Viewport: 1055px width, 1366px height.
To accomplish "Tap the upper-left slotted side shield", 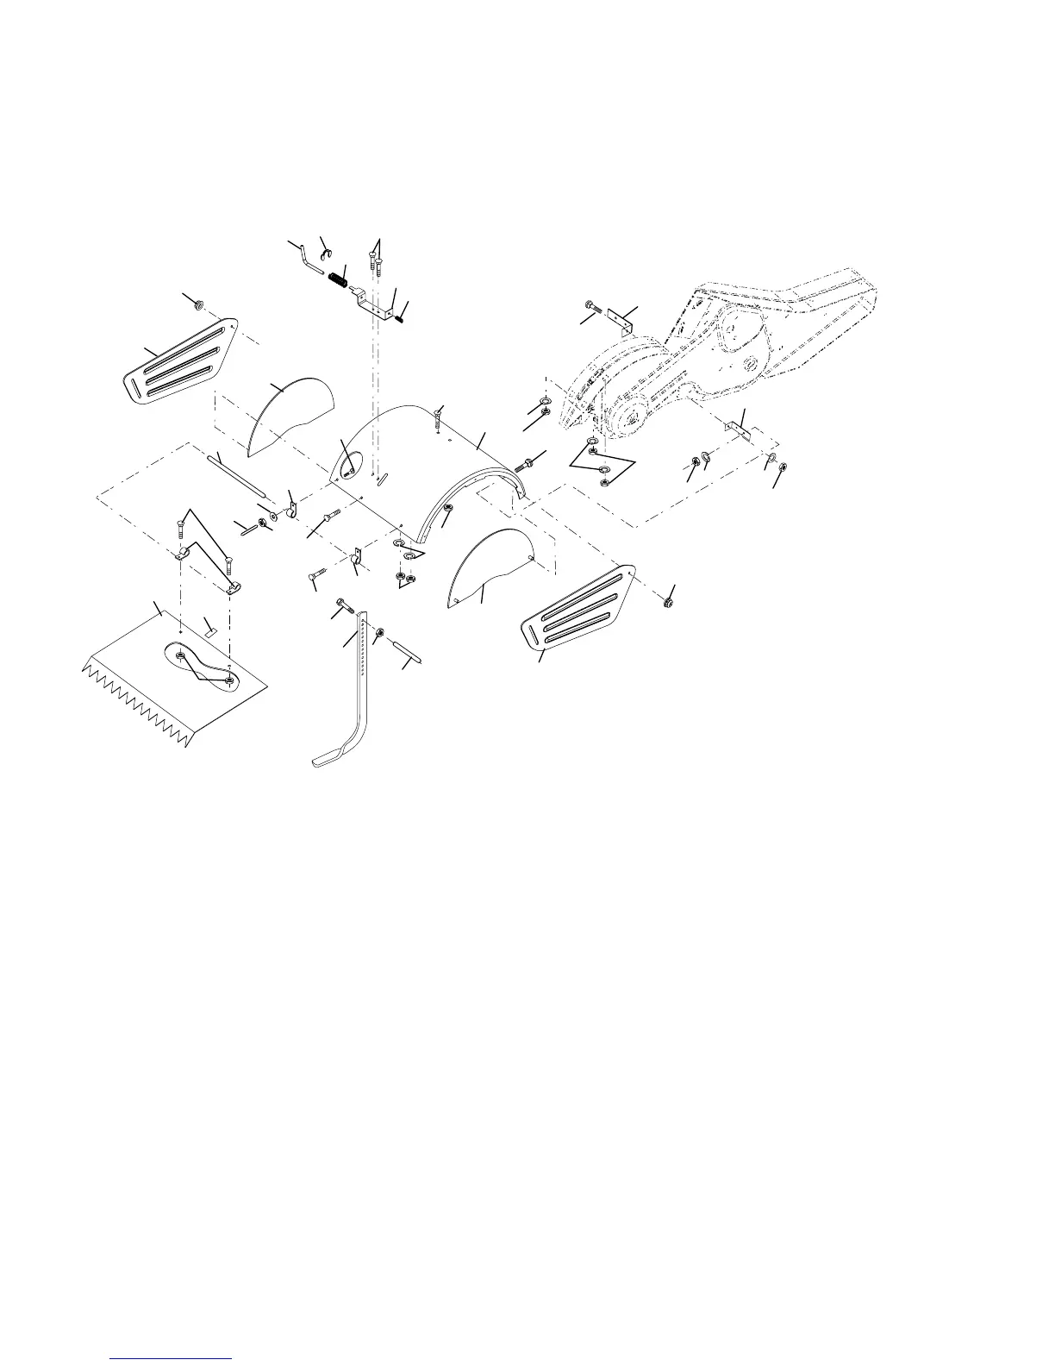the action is [x=178, y=360].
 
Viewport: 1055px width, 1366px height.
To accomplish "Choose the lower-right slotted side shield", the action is [x=580, y=608].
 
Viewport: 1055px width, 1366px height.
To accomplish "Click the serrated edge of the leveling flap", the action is [x=138, y=699].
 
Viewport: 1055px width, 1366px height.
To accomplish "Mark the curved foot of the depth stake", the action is [x=332, y=757].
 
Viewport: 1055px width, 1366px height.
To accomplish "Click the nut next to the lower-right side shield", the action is [x=670, y=601].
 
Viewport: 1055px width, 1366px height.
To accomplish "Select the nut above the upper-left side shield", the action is [x=197, y=304].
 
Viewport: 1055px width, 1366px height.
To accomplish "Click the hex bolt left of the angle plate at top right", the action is [x=592, y=306].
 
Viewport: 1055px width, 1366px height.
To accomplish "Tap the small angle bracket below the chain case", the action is [x=738, y=429].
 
